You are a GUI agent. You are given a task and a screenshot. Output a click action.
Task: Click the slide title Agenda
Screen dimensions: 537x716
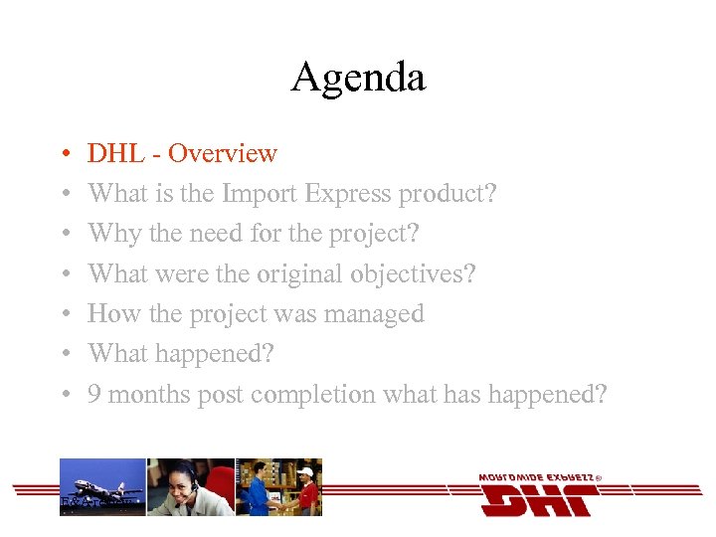(x=358, y=77)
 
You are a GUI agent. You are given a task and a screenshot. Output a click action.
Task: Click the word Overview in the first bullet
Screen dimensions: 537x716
(x=223, y=153)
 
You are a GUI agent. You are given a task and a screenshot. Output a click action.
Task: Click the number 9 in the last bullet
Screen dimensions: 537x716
(x=94, y=394)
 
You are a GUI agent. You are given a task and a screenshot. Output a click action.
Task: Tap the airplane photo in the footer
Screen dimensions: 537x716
(x=102, y=486)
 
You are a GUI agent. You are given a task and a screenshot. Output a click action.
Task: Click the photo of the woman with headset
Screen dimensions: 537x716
(x=190, y=486)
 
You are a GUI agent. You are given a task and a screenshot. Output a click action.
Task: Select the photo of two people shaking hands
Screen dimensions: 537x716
(x=278, y=486)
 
